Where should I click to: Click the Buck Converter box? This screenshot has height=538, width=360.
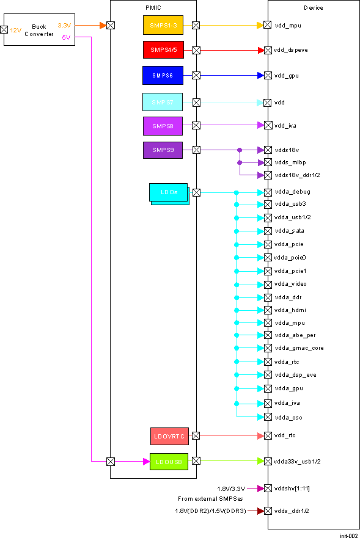click(x=39, y=30)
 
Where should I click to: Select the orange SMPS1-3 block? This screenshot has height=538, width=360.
click(x=163, y=25)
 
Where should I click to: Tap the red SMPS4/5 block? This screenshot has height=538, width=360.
click(x=163, y=50)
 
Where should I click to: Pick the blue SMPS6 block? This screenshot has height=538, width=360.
click(x=163, y=75)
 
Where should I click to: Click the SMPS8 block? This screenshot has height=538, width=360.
click(x=163, y=125)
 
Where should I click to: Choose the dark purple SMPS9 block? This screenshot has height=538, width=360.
click(x=163, y=150)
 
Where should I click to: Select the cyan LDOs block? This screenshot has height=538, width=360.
click(x=169, y=192)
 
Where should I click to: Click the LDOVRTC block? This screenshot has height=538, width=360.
click(x=169, y=436)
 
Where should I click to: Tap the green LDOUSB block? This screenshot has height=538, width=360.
click(x=167, y=461)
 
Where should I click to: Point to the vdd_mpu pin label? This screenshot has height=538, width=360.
click(x=287, y=26)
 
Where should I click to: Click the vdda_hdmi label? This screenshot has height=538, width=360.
click(x=287, y=310)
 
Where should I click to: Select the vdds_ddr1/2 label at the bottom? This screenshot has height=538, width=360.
click(x=292, y=511)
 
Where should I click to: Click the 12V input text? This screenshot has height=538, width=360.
click(x=15, y=29)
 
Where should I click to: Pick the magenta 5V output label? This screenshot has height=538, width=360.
click(x=66, y=38)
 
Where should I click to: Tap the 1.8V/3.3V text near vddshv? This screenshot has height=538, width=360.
click(x=231, y=489)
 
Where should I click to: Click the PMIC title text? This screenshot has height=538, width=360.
click(x=153, y=7)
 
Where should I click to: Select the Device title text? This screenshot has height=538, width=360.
click(x=314, y=7)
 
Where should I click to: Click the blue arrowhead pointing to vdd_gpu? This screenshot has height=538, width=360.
click(x=260, y=76)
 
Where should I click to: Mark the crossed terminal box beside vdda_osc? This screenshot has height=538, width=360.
click(x=267, y=417)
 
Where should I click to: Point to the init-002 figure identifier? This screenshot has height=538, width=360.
click(x=349, y=535)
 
